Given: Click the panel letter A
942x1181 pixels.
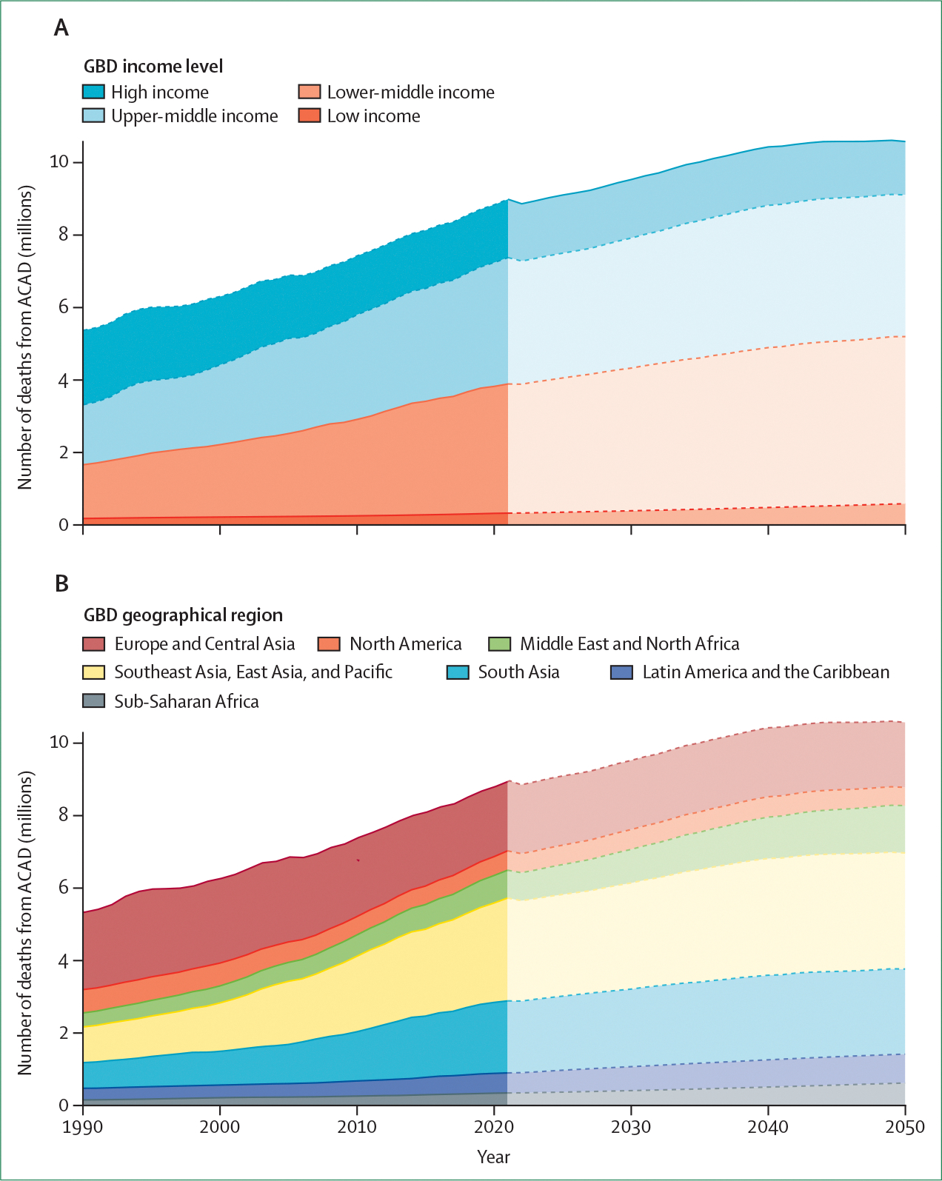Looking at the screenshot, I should click(61, 28).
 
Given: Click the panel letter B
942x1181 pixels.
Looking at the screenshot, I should click(61, 584).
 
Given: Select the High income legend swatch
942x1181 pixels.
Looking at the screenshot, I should click(93, 92).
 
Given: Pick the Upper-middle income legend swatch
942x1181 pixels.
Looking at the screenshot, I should click(93, 116).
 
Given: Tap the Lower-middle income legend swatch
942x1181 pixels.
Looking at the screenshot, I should click(310, 92).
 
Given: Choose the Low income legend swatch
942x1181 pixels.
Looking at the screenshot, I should click(310, 116).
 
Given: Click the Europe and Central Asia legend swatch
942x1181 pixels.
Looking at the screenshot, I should click(93, 643).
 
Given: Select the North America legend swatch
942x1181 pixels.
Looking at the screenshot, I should click(329, 643).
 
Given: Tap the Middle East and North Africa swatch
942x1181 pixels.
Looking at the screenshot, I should click(500, 643).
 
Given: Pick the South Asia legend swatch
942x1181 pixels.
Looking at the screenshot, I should click(458, 672).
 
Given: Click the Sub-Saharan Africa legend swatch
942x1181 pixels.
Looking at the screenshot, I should click(93, 700).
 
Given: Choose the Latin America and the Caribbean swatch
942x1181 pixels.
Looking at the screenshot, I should click(621, 672).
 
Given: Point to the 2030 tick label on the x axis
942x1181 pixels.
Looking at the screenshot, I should click(631, 1127).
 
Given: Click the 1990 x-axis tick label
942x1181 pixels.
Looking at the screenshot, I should click(83, 1127).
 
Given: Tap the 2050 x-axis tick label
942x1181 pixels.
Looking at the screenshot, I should click(905, 1127).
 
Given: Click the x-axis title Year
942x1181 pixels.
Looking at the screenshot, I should click(493, 1157).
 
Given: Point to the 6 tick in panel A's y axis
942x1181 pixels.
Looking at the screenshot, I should click(63, 307).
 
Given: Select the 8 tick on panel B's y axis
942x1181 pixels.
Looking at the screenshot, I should click(63, 814).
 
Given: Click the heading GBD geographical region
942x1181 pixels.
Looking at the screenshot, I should click(183, 615).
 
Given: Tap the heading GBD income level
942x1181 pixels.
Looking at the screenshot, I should click(153, 67).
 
